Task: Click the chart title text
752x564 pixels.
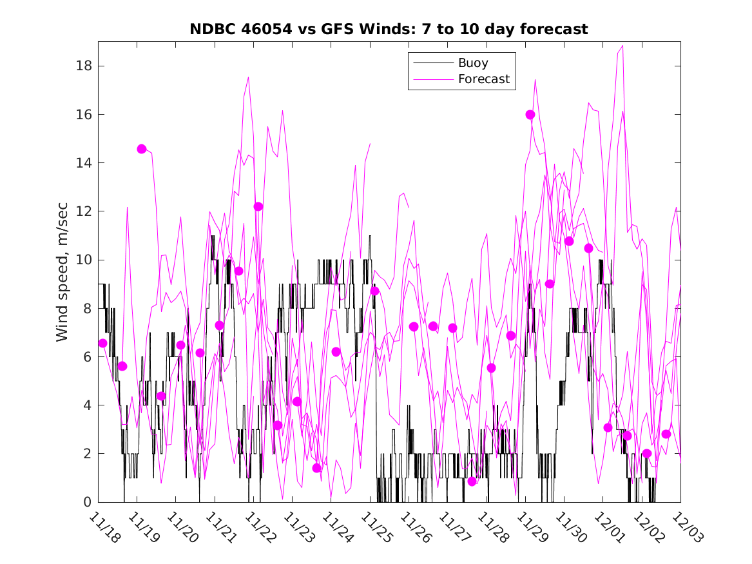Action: tap(389, 30)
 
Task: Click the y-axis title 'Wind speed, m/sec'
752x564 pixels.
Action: tap(62, 271)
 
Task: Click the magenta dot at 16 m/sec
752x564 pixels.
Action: tap(530, 115)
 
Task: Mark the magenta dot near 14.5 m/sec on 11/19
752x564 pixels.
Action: tap(142, 149)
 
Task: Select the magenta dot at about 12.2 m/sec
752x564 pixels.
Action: tap(258, 206)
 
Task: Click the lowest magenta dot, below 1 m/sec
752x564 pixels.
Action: tap(472, 481)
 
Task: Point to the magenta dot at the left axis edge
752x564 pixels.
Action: tap(102, 343)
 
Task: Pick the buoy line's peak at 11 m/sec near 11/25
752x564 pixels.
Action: tap(370, 236)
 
